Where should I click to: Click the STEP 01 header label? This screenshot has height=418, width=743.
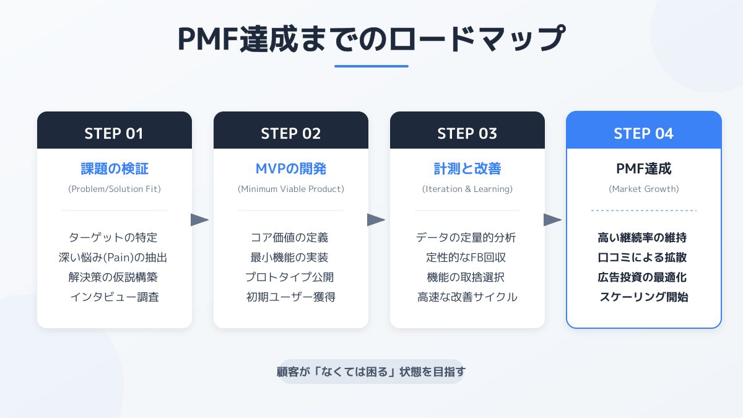point(114,133)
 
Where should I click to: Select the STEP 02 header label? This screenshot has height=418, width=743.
point(291,133)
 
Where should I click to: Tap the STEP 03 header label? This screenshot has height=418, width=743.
point(467,133)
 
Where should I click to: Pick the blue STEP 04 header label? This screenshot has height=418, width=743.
point(644,133)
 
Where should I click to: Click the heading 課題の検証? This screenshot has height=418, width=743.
point(115,168)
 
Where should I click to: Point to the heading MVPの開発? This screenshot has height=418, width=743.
point(291,168)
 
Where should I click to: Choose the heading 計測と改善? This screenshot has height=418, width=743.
point(467,168)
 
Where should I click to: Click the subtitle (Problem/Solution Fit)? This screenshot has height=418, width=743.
point(115,189)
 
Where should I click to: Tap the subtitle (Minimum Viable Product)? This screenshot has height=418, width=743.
point(291,189)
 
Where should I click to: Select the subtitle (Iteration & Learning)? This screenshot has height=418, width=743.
point(467,189)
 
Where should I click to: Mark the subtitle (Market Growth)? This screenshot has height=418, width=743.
point(644,189)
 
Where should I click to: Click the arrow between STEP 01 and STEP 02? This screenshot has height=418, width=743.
point(199,220)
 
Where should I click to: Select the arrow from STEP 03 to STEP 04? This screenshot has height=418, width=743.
point(552,220)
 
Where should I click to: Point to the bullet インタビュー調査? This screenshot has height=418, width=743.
point(115,297)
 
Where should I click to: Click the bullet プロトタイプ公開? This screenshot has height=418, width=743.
point(291,277)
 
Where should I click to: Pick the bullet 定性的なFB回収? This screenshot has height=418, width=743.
point(467,257)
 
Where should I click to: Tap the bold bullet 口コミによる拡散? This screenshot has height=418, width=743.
point(644,257)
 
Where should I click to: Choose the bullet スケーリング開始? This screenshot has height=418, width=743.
point(644,297)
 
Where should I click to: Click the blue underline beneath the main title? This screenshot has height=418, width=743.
point(371,66)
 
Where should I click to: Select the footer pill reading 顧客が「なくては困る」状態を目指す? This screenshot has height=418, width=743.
point(371,372)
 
